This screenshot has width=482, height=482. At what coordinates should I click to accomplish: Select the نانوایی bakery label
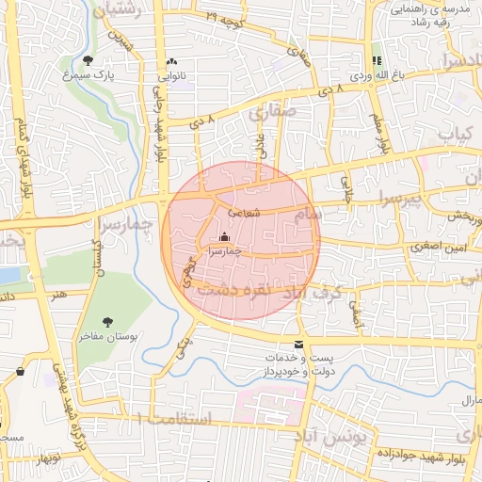coord(170,74)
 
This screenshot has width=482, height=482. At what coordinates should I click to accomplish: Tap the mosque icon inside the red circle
coord(223,239)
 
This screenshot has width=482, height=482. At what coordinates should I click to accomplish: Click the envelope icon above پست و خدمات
coord(299,345)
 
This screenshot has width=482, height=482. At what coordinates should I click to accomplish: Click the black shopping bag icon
coord(21,372)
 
